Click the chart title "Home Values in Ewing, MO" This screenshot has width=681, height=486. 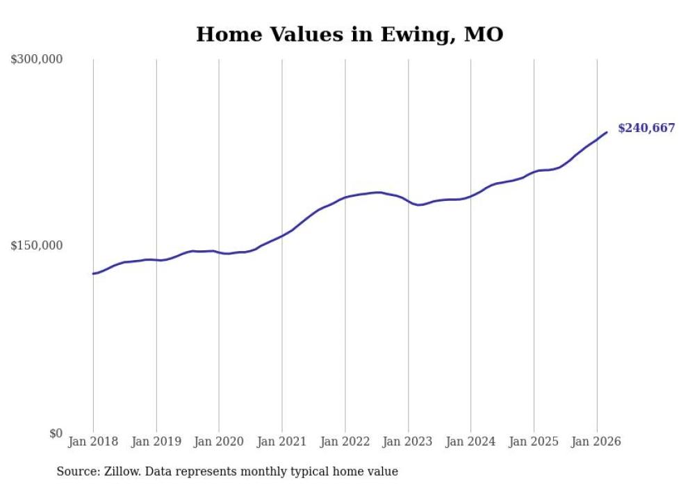(x=350, y=34)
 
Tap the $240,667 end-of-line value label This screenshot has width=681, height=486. (x=646, y=128)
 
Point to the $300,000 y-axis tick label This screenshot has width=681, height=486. (x=37, y=59)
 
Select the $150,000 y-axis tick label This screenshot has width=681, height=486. (x=37, y=245)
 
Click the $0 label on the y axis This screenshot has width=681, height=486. (x=56, y=433)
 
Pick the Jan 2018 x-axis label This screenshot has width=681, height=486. (x=93, y=442)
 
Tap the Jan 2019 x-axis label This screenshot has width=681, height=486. (x=156, y=442)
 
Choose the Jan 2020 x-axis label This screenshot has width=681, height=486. (x=219, y=442)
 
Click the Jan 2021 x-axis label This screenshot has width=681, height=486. (x=282, y=442)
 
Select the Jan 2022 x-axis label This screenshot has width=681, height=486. (x=345, y=442)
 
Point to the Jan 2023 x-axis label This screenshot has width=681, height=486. (x=408, y=442)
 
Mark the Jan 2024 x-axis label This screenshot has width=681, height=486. (x=471, y=442)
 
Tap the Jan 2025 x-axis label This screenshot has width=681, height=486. (x=534, y=442)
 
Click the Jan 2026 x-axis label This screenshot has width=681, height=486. (x=597, y=442)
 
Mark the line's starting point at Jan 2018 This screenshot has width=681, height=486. (x=93, y=273)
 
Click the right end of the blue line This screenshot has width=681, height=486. (x=607, y=132)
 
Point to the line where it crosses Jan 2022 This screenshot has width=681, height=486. (x=345, y=197)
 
